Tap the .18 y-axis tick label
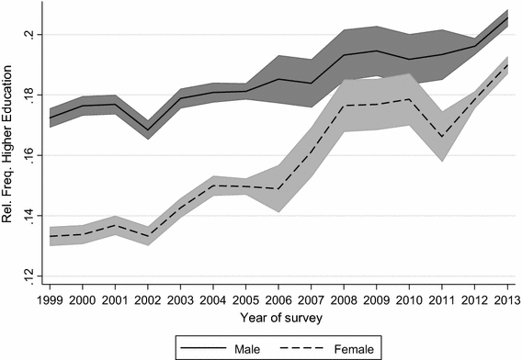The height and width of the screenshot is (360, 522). [28, 96]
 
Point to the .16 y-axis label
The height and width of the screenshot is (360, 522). [28, 156]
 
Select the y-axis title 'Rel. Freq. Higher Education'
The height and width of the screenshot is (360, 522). [9, 156]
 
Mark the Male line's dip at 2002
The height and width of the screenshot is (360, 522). [149, 130]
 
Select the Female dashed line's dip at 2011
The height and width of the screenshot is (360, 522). [444, 137]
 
